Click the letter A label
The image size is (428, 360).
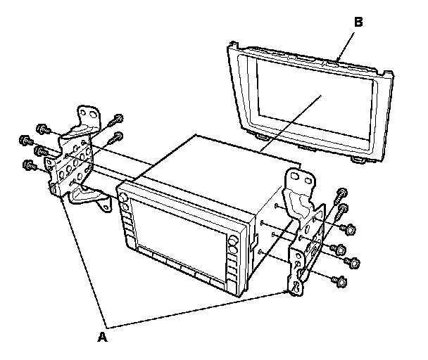click(x=103, y=337)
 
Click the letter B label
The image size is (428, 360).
click(x=358, y=22)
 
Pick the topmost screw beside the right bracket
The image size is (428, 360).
click(x=342, y=193)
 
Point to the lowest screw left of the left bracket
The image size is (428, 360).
click(x=29, y=165)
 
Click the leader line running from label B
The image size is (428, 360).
click(x=346, y=43)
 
